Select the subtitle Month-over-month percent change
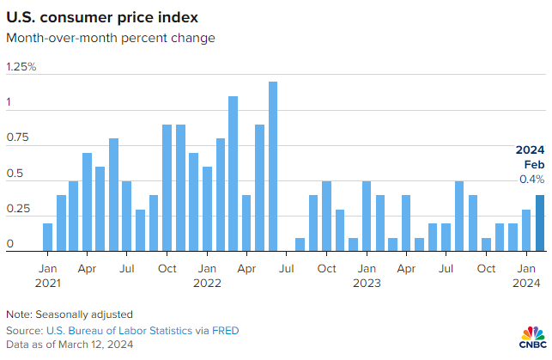tap(110, 38)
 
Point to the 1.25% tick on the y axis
tap(21, 67)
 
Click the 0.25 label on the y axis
tap(17, 210)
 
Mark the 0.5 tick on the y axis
tap(14, 174)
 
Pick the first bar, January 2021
tap(47, 236)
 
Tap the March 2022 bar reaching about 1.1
tap(233, 173)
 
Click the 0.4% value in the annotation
tap(531, 180)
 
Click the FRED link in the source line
tap(226, 331)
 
